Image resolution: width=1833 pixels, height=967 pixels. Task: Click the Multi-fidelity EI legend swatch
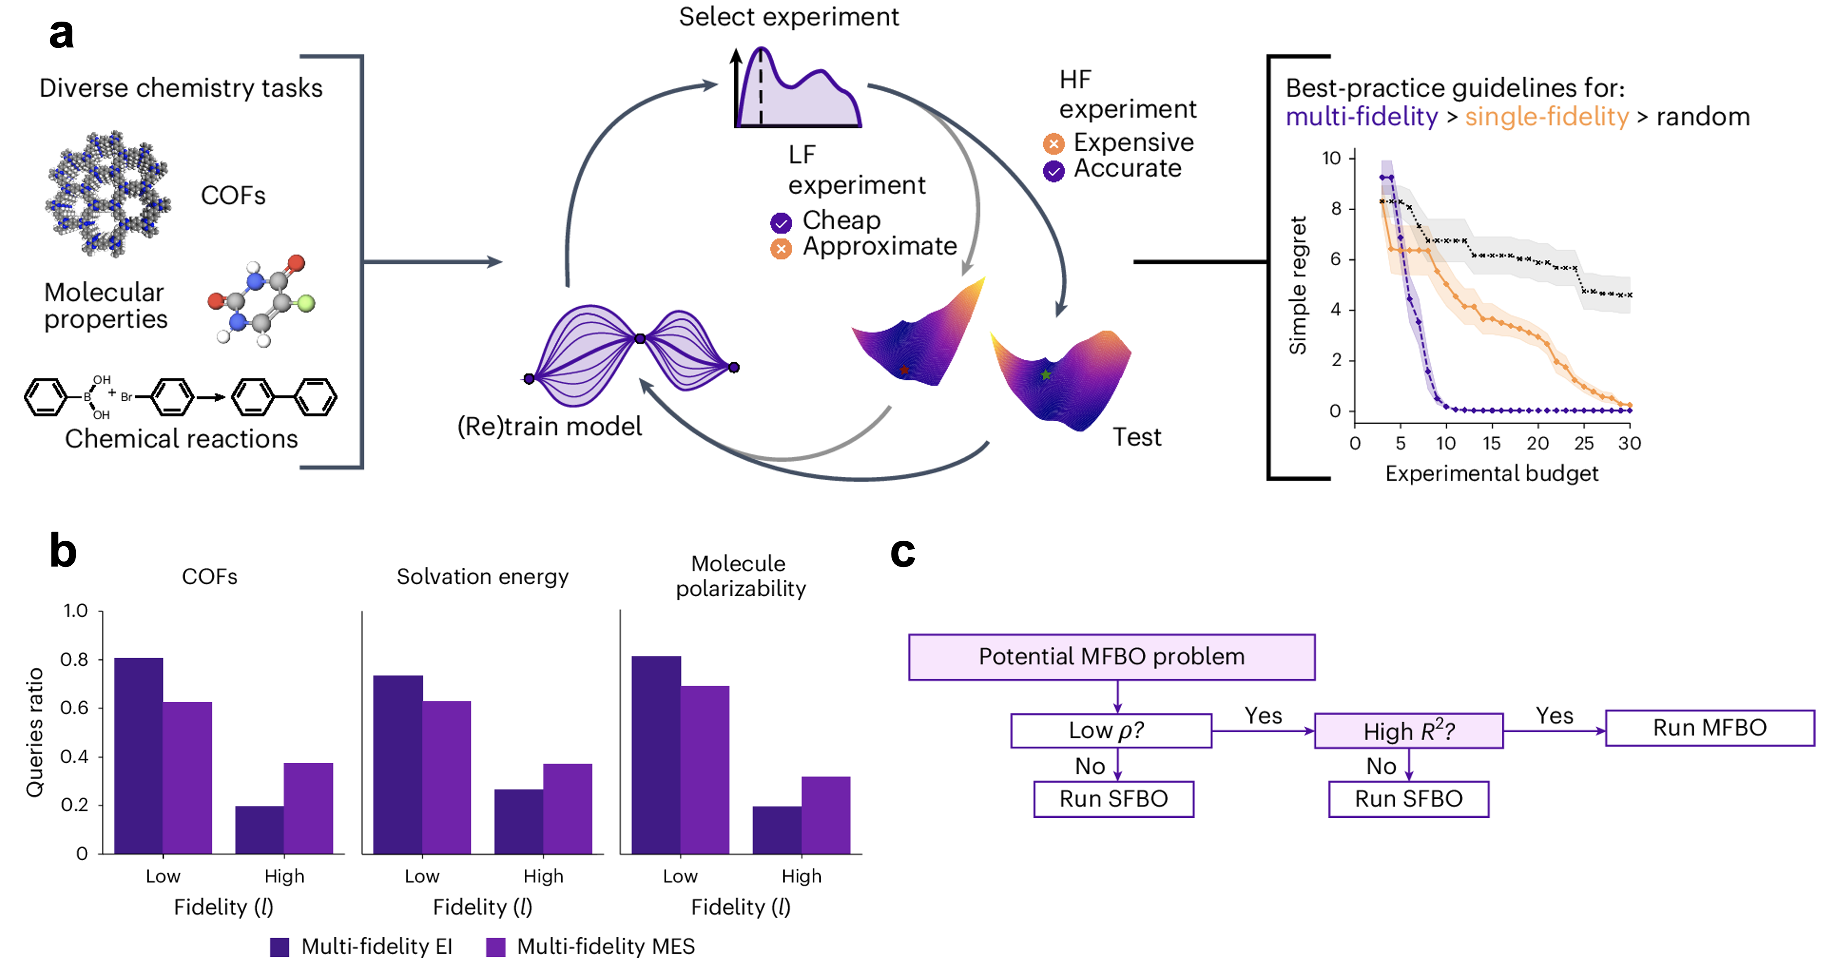click(x=280, y=947)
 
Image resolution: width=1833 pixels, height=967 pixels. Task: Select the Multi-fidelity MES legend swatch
click(x=495, y=947)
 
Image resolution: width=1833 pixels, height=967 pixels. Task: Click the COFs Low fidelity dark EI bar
click(x=139, y=756)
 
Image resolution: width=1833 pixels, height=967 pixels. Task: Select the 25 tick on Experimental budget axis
click(x=1583, y=443)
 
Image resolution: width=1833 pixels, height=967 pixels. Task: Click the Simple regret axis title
click(x=1298, y=285)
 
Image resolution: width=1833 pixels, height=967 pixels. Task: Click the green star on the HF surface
click(x=1045, y=375)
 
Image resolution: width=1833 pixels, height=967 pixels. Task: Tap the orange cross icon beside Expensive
click(x=1053, y=144)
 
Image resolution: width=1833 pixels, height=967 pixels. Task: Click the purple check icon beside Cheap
click(x=780, y=223)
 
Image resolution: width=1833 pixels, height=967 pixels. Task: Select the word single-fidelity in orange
click(x=1546, y=117)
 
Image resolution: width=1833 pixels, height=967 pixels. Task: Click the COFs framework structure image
click(x=108, y=194)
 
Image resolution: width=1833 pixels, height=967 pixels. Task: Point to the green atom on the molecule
click(x=306, y=304)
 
